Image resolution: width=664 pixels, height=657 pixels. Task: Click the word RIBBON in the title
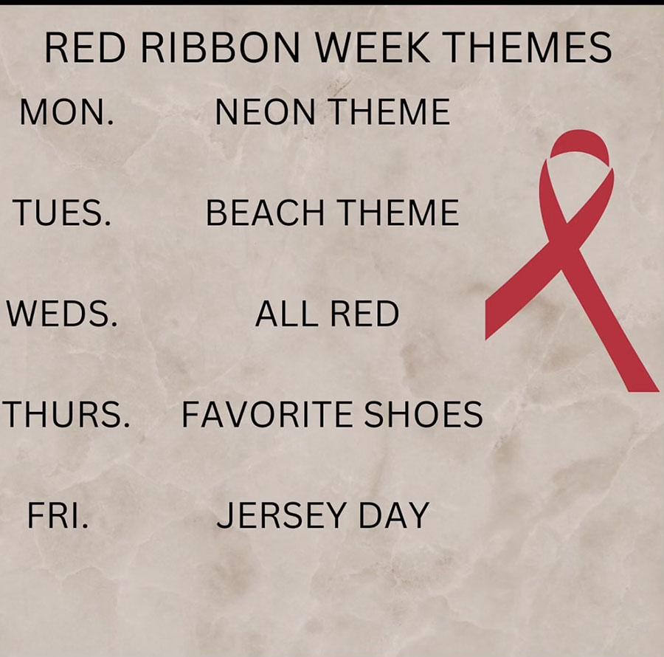click(220, 47)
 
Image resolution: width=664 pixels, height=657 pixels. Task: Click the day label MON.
click(67, 111)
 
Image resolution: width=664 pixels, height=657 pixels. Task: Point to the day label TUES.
click(62, 213)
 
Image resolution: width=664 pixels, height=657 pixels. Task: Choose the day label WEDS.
click(61, 314)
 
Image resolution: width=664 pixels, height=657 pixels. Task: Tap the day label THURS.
click(66, 414)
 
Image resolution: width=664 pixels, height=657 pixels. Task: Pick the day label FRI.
click(58, 515)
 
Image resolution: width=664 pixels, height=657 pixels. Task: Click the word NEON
click(265, 111)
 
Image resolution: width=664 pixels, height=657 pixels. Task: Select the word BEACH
click(265, 213)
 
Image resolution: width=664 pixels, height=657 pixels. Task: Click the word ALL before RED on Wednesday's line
click(286, 314)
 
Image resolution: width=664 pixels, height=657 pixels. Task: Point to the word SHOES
click(423, 414)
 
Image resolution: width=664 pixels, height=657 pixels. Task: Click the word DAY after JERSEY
click(394, 515)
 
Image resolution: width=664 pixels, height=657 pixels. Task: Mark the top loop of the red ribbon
click(580, 143)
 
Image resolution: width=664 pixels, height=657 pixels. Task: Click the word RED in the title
click(85, 47)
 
